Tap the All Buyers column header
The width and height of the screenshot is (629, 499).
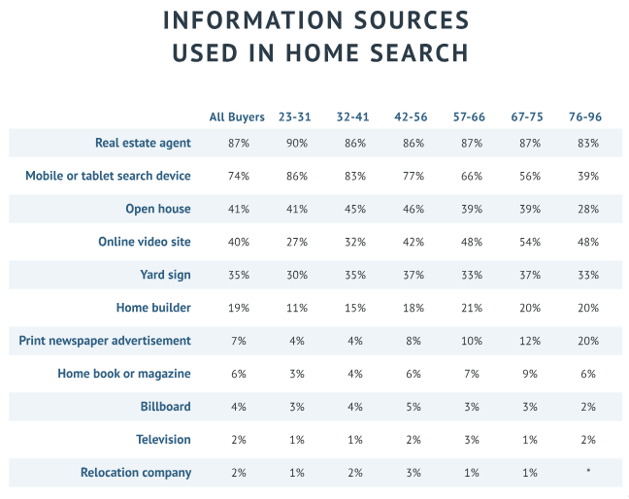point(237,117)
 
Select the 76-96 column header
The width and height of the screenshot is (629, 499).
point(584,117)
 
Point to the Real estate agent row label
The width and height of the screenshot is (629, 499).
point(143,143)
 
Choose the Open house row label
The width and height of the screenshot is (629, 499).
point(158,209)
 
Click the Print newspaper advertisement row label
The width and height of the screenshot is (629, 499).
point(105,341)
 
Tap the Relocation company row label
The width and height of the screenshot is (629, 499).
point(136,473)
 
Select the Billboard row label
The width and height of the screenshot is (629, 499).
point(165,407)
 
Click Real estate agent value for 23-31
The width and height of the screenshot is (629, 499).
point(296,143)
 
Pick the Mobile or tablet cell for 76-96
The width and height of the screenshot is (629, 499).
point(585,176)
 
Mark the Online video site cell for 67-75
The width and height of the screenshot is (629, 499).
point(527,242)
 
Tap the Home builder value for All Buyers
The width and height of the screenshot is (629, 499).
point(237,308)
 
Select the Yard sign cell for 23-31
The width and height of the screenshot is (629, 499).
point(296,275)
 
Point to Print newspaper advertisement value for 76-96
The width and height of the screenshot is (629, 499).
point(585,341)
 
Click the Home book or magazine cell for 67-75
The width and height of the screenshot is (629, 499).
point(527,374)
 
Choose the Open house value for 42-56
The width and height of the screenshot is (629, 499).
point(414,209)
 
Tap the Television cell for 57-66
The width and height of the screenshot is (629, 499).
point(470,440)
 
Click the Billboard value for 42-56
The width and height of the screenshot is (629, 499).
point(414,407)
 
